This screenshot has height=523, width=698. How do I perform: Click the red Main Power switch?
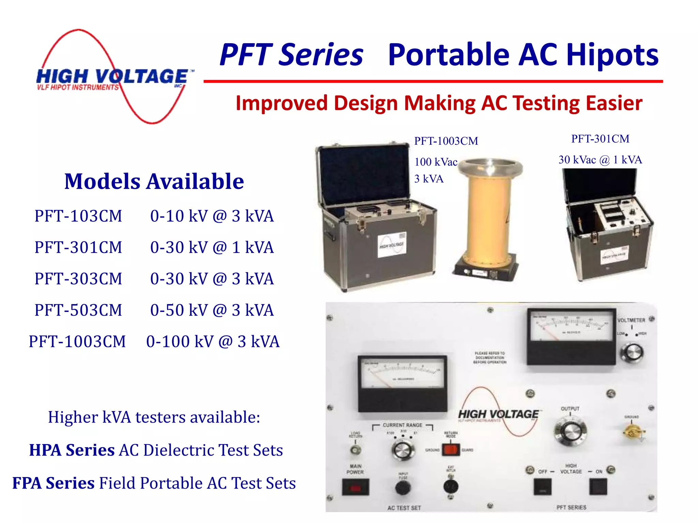pos(355,487)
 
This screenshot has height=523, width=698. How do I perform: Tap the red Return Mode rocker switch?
pos(451,449)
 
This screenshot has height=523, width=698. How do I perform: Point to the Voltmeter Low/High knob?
pos(632,353)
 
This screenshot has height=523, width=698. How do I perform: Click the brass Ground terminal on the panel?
pos(631,432)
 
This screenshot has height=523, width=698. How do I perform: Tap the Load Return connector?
pos(355,450)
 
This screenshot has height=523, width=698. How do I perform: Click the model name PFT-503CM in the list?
pos(78,310)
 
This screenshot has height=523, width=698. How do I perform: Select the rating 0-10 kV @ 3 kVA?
pos(212,216)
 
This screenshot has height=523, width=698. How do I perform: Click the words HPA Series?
pos(72,450)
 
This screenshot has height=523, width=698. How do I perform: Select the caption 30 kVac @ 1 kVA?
pos(600,160)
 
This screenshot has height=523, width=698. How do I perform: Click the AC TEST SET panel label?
pos(404,508)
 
